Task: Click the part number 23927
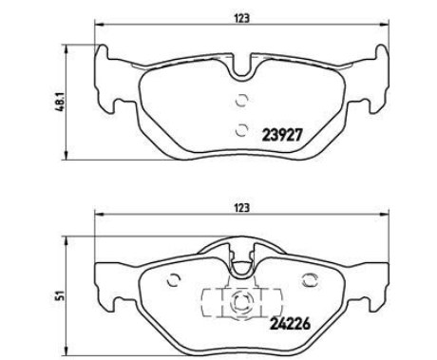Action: tap(282, 136)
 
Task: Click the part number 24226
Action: tap(290, 324)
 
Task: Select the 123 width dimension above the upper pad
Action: tap(242, 19)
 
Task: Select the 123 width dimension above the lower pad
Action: tap(242, 208)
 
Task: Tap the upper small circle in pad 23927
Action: tap(241, 101)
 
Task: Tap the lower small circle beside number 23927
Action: tap(242, 130)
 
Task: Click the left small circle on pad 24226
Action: tap(173, 279)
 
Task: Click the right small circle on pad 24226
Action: tap(310, 280)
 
